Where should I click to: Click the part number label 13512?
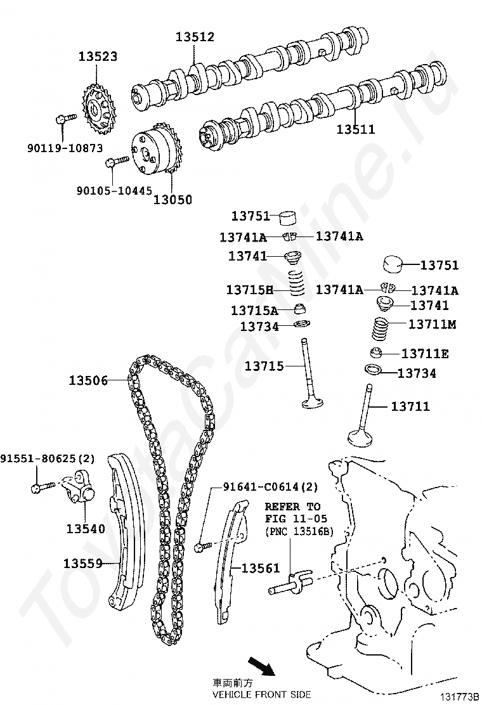point(195,37)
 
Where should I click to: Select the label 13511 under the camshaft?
point(355,129)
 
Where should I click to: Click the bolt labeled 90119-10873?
point(65,118)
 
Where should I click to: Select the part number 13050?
point(173,200)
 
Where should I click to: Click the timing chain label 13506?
point(88,380)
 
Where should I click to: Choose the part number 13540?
point(86,528)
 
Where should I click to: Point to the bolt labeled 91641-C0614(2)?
point(201,545)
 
